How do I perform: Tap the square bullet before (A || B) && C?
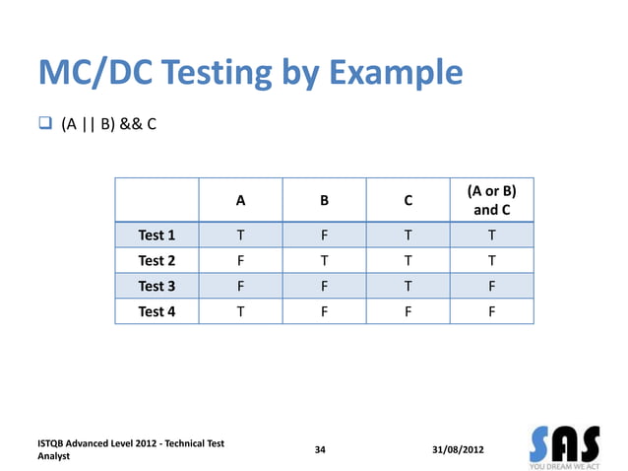[44, 124]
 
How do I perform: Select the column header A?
[240, 201]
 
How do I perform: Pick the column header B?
[324, 201]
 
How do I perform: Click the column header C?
[408, 201]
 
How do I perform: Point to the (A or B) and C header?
[492, 200]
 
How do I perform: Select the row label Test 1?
[157, 235]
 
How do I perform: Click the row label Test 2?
[157, 261]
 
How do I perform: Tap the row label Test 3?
[157, 287]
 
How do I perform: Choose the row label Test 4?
[157, 312]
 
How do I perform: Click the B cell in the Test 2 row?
[324, 261]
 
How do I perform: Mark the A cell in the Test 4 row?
[240, 312]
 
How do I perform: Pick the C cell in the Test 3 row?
[408, 287]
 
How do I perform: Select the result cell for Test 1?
[492, 235]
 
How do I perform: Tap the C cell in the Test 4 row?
[408, 312]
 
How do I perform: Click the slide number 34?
[319, 450]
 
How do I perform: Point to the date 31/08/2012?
[458, 450]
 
